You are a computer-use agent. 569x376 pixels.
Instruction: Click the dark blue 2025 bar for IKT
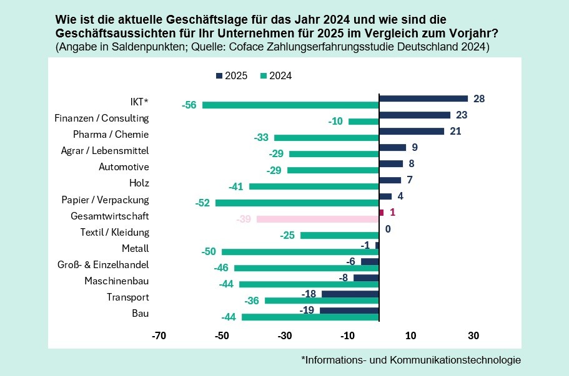pyautogui.click(x=423, y=99)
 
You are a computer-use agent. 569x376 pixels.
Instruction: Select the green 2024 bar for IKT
pyautogui.click(x=290, y=105)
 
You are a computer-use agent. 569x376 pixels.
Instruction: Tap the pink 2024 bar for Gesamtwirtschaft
pyautogui.click(x=317, y=219)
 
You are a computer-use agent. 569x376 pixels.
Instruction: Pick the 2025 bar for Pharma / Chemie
pyautogui.click(x=412, y=131)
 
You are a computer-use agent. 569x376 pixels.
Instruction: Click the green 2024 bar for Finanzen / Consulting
pyautogui.click(x=364, y=121)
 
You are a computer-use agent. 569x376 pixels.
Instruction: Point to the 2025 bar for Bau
pyautogui.click(x=349, y=310)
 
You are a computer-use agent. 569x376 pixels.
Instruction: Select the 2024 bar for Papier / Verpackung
pyautogui.click(x=297, y=203)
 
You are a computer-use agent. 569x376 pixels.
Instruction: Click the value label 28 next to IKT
pyautogui.click(x=479, y=99)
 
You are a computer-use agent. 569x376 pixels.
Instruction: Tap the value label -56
pyautogui.click(x=189, y=105)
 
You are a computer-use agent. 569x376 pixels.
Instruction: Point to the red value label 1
pyautogui.click(x=392, y=212)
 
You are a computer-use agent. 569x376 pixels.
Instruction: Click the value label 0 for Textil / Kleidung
pyautogui.click(x=388, y=229)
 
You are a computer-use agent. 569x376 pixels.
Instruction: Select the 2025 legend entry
pyautogui.click(x=231, y=76)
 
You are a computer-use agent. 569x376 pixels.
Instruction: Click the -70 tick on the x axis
pyautogui.click(x=159, y=335)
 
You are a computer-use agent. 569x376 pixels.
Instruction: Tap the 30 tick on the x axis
pyautogui.click(x=473, y=335)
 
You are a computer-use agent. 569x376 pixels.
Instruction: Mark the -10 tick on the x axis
pyautogui.click(x=347, y=335)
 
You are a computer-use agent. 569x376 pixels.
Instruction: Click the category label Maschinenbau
pyautogui.click(x=117, y=281)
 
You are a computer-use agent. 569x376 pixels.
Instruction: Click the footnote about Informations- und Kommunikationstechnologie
pyautogui.click(x=410, y=360)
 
